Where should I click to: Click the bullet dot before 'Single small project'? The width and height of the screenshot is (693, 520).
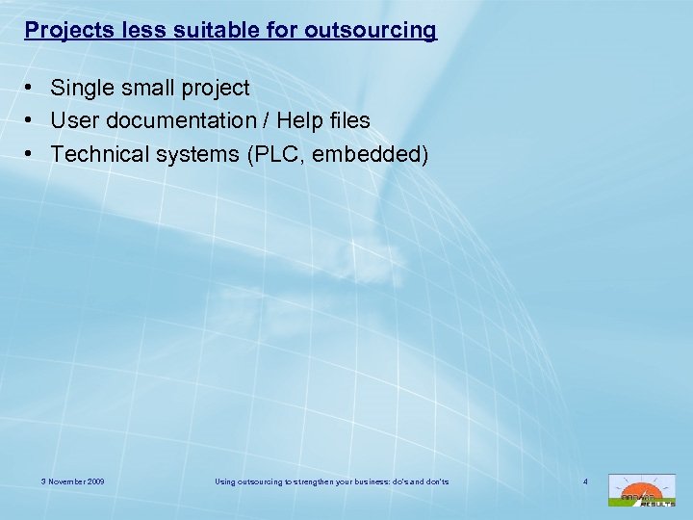[32, 89]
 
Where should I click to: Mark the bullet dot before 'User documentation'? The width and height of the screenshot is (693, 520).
[32, 121]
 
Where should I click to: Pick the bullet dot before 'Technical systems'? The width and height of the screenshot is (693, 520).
[32, 154]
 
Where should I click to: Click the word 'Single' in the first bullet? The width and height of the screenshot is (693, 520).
[80, 89]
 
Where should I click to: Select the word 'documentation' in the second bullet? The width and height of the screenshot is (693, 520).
[179, 121]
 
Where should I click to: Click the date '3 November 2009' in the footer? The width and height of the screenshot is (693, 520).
[73, 481]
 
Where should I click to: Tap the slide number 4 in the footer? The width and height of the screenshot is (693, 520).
[583, 481]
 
